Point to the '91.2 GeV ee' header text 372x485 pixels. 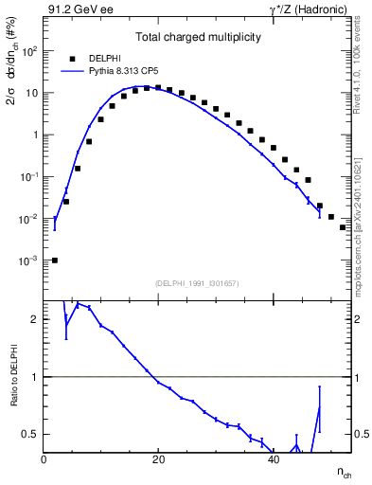[x=75, y=10]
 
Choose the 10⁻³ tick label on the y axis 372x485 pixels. [x=30, y=260]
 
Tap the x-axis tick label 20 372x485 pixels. [x=158, y=460]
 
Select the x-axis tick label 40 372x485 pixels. [x=273, y=460]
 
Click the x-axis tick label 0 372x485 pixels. [x=44, y=460]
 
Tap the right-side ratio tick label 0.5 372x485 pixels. [x=361, y=434]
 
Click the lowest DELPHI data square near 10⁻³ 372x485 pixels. [x=55, y=260]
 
